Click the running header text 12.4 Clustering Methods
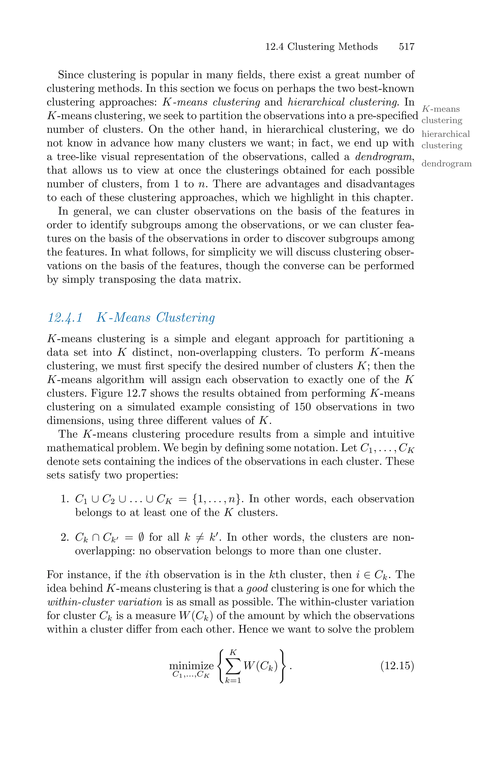point(321,47)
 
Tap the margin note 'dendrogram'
point(446,164)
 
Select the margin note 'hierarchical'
point(446,134)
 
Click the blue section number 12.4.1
point(65,318)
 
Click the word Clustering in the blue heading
point(185,318)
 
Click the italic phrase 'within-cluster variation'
point(104,602)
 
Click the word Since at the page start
point(71,75)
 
